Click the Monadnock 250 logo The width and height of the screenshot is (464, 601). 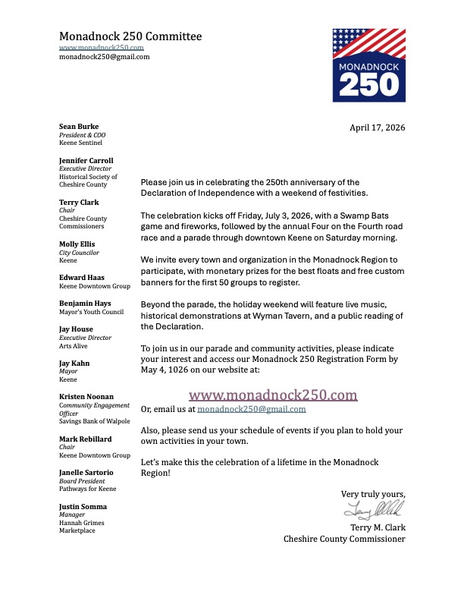coord(368,65)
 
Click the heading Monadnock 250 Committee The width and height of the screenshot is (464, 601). coord(130,36)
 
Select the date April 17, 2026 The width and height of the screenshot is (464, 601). coord(377,127)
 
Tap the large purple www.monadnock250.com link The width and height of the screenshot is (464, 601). coord(273,395)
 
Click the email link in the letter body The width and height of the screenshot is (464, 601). coord(252,410)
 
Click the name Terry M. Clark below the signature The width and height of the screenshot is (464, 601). coord(377,527)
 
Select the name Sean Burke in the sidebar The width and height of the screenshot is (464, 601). coord(79,126)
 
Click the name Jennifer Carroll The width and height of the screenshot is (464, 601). coord(86,161)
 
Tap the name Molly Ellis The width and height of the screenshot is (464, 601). coord(77,244)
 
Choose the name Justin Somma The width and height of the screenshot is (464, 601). coord(83,506)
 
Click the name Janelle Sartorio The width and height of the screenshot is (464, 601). coord(88,472)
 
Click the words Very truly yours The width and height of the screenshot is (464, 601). coord(372,493)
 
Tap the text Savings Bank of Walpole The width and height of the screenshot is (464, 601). coord(95,420)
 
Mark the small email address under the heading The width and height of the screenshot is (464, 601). coord(104,56)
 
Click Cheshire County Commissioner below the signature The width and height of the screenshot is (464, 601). coord(344,539)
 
